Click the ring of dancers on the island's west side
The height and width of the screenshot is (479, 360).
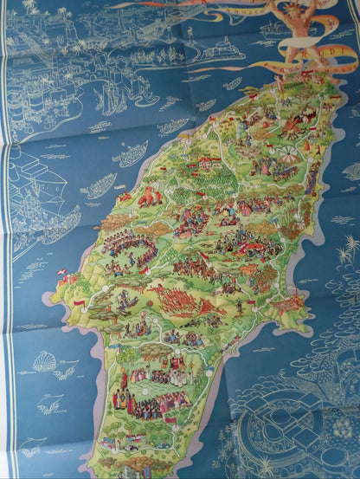(x=131, y=252)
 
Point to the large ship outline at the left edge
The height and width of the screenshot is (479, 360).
(x=35, y=195)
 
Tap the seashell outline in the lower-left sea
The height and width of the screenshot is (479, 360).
(x=44, y=361)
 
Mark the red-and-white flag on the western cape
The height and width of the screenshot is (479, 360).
(x=79, y=304)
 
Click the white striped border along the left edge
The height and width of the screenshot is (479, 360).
(x=6, y=260)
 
